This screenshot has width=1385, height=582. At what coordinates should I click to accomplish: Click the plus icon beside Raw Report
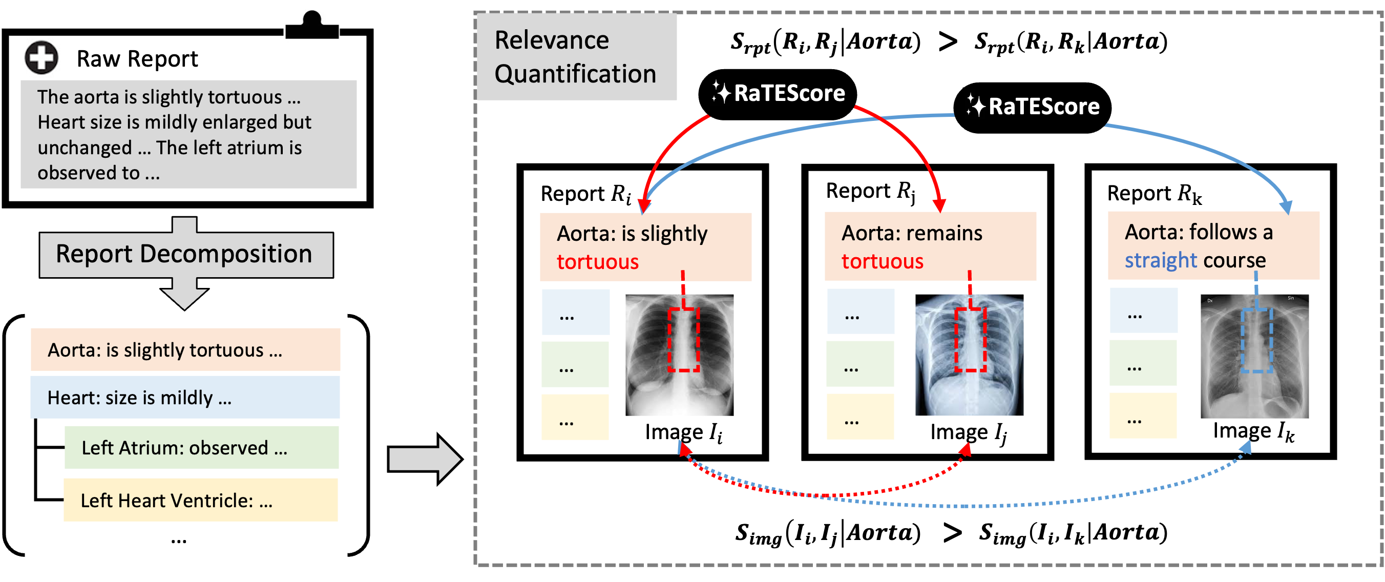tap(41, 57)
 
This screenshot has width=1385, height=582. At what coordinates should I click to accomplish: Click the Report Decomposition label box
tap(185, 255)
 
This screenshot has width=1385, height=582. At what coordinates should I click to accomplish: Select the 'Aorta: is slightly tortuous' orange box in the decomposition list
tap(185, 349)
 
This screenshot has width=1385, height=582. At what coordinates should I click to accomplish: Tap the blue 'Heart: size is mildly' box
tap(185, 398)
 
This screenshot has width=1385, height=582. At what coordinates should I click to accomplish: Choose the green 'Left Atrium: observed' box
tap(202, 448)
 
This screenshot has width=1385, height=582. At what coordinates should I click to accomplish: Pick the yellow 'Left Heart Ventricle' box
tap(201, 500)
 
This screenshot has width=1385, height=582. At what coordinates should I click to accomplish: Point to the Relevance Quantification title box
tap(576, 57)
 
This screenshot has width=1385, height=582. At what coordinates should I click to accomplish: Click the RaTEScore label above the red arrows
tap(789, 94)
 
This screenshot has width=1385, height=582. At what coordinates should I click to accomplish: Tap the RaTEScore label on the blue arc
tap(1043, 107)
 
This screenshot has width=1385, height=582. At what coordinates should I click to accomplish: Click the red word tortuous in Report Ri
tap(597, 262)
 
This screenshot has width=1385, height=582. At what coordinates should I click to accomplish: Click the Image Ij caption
tap(968, 432)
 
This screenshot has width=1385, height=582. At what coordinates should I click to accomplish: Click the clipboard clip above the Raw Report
tap(312, 24)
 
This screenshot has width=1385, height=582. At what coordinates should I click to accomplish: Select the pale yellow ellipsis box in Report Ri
tap(575, 418)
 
